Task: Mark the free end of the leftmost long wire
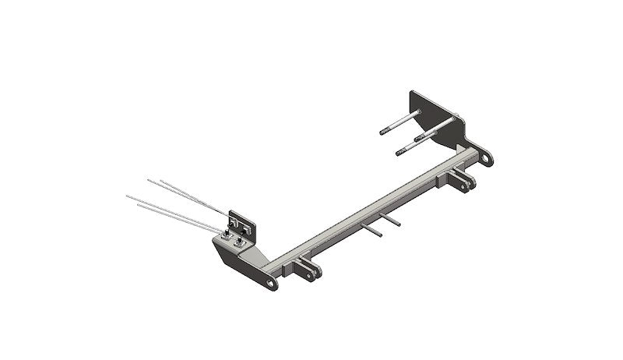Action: [x=128, y=196]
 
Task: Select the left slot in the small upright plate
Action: [x=236, y=221]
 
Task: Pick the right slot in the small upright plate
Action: [x=248, y=228]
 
